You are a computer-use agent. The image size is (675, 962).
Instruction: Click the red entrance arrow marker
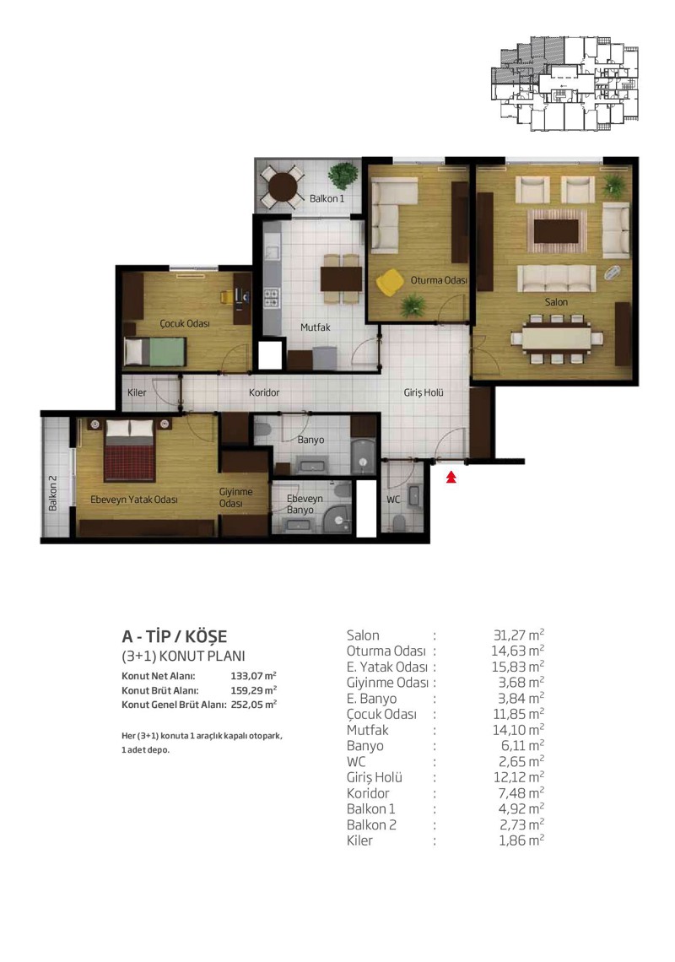451,477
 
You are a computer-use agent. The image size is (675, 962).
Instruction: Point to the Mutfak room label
316,327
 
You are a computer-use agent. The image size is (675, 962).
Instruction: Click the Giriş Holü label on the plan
424,392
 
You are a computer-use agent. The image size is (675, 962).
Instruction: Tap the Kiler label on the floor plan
137,392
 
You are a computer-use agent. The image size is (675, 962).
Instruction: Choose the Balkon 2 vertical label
53,494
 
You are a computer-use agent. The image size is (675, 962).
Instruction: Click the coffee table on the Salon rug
557,230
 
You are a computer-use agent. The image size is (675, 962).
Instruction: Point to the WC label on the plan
393,500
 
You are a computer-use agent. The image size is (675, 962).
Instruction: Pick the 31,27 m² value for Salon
519,635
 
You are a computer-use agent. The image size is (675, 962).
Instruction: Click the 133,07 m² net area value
253,676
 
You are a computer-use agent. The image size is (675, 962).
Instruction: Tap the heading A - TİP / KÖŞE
175,636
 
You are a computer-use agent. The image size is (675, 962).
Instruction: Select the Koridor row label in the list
368,792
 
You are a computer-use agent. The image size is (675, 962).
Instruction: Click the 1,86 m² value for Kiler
521,840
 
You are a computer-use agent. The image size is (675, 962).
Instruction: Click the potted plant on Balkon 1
343,176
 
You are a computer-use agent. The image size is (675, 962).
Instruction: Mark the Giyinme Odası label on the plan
235,498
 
